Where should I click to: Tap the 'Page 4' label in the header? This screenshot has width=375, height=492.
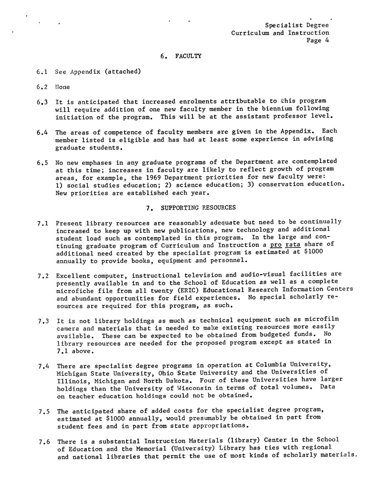click(317, 40)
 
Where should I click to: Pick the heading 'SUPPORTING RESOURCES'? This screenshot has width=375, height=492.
click(198, 207)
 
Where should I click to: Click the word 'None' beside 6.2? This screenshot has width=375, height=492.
click(62, 87)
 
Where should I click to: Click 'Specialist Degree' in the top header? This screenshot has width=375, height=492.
click(297, 25)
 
